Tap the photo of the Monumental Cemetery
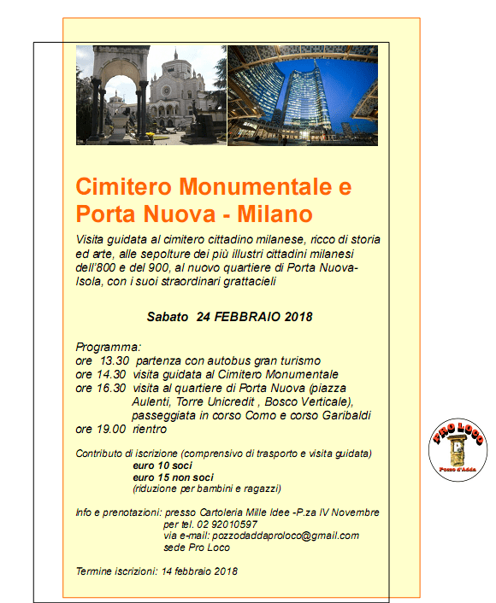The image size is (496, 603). click(x=151, y=95)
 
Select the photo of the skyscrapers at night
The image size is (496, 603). click(x=303, y=95)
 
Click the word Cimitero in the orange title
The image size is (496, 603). click(x=125, y=186)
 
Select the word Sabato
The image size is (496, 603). click(x=167, y=316)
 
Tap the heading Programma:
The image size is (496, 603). click(x=108, y=348)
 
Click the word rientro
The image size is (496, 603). click(x=150, y=429)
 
